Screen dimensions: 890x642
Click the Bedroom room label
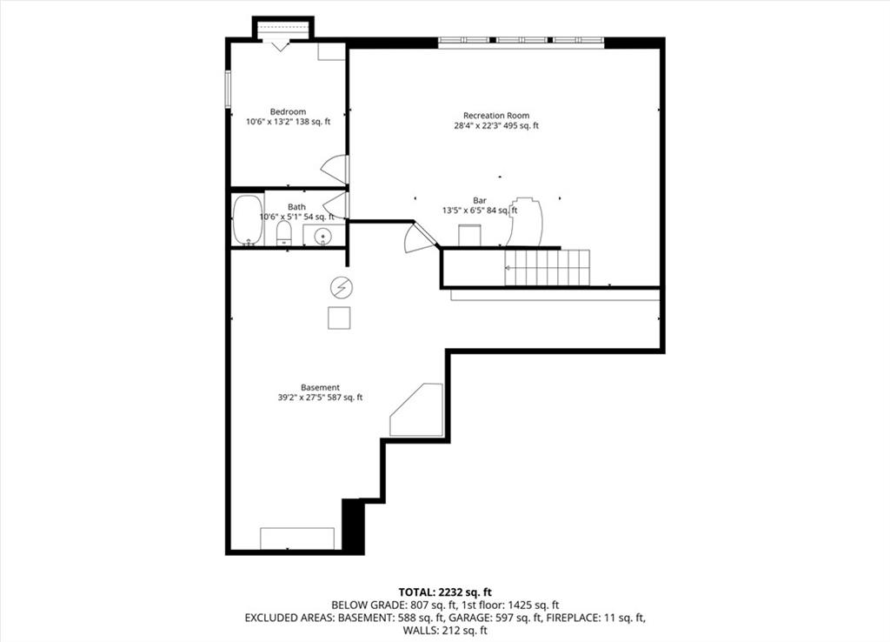coord(288,112)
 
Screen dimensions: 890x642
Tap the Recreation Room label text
coord(496,116)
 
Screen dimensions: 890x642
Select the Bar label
coord(480,201)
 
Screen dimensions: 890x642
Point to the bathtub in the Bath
coord(248,220)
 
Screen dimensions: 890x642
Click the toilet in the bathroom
coord(284,233)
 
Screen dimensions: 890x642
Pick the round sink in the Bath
coord(323,235)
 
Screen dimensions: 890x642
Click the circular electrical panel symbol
coord(341,288)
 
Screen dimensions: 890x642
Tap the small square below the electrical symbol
coord(339,318)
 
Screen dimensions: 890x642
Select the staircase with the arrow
coord(548,268)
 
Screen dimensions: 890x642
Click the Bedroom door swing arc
coord(334,170)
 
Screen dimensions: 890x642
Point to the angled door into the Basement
coord(420,237)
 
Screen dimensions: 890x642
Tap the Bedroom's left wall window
coord(228,90)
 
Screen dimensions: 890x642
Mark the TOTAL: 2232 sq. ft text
coord(445,592)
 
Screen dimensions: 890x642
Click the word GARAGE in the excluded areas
coord(468,618)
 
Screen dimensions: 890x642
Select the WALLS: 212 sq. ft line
coord(445,630)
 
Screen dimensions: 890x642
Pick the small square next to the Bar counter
coord(470,235)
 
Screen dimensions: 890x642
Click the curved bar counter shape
coord(525,222)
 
